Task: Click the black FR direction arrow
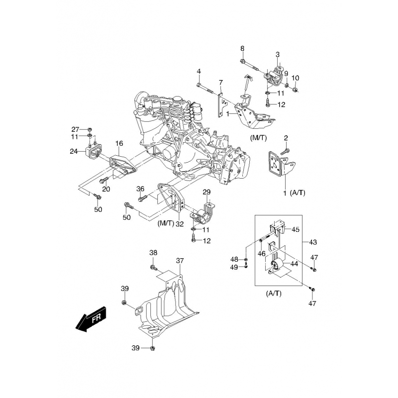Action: (92, 318)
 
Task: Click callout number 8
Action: (242, 48)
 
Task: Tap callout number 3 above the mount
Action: (278, 54)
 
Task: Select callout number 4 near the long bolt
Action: (199, 71)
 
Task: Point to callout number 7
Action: (221, 83)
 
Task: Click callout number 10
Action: (296, 78)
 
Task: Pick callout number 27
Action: (76, 129)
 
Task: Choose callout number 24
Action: (74, 152)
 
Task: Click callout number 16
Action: (119, 143)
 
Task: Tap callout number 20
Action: (106, 189)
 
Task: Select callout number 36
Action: (140, 189)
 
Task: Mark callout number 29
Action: (206, 192)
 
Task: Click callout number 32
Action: (180, 224)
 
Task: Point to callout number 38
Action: (153, 253)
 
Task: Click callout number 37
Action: (180, 261)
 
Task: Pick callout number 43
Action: (313, 242)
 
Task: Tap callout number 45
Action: (296, 229)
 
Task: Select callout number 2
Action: (286, 138)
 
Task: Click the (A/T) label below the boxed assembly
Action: (274, 294)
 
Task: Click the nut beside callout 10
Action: (295, 90)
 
